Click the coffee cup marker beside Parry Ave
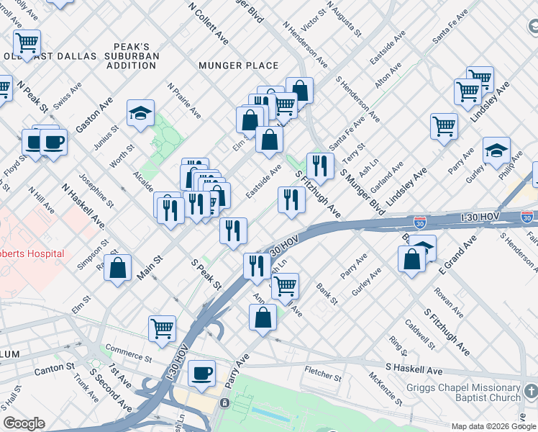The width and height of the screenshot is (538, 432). point(201,373)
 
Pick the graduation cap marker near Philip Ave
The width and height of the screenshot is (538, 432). point(496,150)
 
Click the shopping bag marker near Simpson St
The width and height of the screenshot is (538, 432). point(118,267)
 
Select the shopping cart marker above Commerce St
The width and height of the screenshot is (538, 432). point(162,328)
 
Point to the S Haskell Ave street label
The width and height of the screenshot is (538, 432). point(414,369)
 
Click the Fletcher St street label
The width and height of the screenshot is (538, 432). point(322,374)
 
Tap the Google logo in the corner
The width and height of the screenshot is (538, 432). point(24,423)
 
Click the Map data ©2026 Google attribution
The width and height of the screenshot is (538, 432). point(493,426)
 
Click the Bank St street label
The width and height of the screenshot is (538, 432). point(327,293)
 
